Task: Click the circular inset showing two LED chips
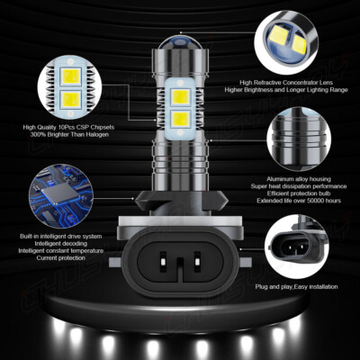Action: pos(72,83)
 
